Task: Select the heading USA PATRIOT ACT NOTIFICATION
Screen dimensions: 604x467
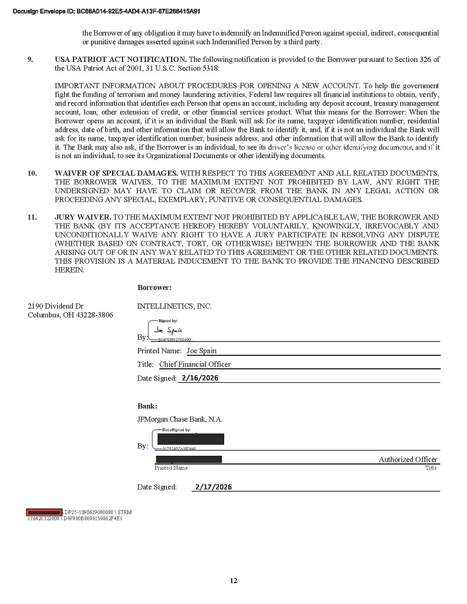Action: (x=121, y=60)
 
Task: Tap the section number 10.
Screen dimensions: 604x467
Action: (x=33, y=174)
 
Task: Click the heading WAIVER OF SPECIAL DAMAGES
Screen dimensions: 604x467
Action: (x=116, y=174)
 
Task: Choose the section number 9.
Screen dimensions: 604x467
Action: (x=31, y=60)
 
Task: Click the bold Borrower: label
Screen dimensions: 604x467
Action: (x=154, y=288)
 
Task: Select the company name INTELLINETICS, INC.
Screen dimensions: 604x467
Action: (x=174, y=306)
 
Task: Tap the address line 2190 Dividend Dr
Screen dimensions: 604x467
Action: (x=55, y=306)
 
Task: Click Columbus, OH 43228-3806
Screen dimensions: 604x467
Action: (x=70, y=315)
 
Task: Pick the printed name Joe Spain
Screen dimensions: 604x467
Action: (x=201, y=351)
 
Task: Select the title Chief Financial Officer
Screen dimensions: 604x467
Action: (x=195, y=364)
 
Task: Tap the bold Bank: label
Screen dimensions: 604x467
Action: (x=147, y=406)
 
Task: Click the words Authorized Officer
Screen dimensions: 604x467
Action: (x=407, y=460)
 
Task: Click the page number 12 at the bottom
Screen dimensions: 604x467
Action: (x=233, y=580)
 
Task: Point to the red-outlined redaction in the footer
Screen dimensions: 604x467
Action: (x=44, y=512)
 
